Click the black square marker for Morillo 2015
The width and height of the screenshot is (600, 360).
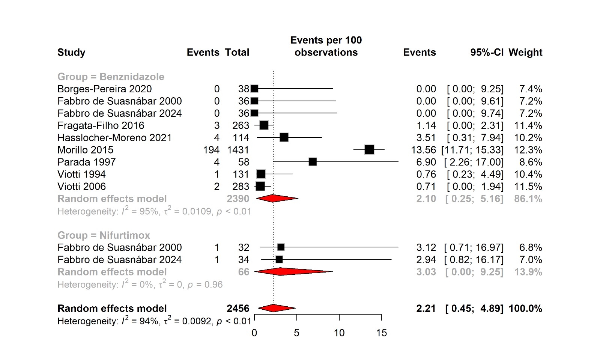coord(369,150)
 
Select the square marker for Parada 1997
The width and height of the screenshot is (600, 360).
coord(313,162)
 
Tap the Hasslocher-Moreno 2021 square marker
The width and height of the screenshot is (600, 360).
coord(284,138)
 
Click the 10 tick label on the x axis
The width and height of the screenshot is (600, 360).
coord(339,333)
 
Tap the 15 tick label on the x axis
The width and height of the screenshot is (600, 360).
coord(381,333)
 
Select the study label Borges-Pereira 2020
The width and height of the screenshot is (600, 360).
coord(104,89)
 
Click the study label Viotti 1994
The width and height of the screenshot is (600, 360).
coord(81,175)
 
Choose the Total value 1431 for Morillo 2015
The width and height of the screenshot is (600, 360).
coord(238,150)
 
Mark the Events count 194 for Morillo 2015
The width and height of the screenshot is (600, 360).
coord(211,150)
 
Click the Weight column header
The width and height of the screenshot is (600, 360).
coord(525,53)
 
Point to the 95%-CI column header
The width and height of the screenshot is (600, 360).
coord(487,53)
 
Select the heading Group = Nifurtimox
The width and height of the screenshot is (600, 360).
coord(104,235)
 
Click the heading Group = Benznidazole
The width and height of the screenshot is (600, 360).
coord(111,77)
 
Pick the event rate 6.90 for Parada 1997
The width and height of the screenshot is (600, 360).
coord(426,162)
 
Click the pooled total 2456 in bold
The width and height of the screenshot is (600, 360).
coord(238,309)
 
